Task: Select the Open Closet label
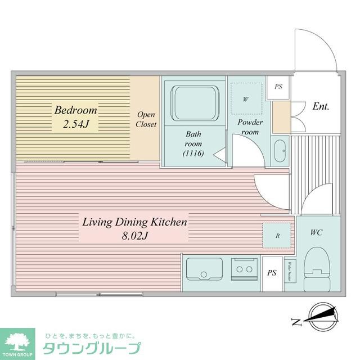pos(146,119)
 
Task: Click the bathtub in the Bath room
pos(194,102)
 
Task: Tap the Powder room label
pos(250,127)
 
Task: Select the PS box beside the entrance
pos(278,88)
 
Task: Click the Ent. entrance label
pos(321,106)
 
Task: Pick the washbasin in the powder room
pos(280,150)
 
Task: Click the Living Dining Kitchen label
pos(134,222)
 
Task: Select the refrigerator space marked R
pos(277,236)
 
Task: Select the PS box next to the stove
pos(272,273)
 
